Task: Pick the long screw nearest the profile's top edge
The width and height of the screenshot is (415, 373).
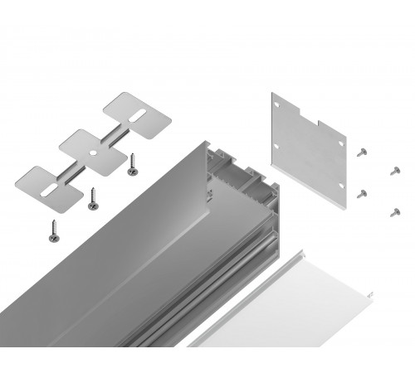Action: [132, 167]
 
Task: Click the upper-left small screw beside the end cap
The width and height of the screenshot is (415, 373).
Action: [363, 151]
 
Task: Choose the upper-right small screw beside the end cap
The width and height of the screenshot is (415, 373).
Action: [394, 171]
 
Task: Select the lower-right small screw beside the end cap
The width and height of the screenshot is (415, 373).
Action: [394, 211]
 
